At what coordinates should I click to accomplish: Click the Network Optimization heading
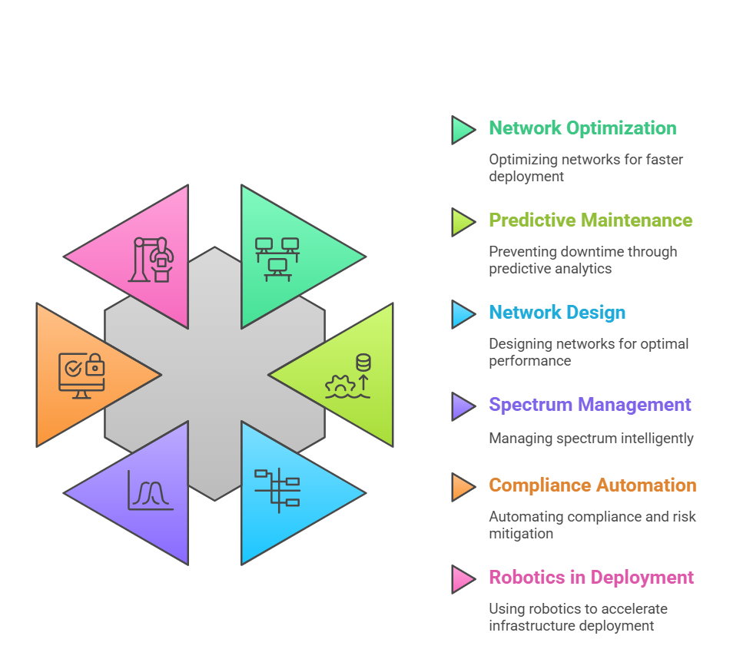click(x=582, y=128)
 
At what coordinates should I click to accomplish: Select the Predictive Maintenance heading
click(x=591, y=220)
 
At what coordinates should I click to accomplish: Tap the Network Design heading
click(x=557, y=313)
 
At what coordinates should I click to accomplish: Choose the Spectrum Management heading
click(x=590, y=405)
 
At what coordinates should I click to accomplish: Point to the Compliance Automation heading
click(x=592, y=485)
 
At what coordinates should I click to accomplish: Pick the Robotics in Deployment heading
click(x=591, y=578)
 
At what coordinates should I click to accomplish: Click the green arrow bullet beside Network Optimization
click(x=463, y=130)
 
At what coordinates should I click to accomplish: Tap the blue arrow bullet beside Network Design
click(x=463, y=314)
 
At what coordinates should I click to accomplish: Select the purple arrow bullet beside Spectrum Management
click(x=463, y=406)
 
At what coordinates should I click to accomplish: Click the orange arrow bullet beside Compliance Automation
click(x=463, y=487)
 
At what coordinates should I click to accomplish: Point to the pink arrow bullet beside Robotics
click(x=463, y=579)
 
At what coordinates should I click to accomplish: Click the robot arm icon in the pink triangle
click(x=151, y=260)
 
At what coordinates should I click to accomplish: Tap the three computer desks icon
click(x=277, y=259)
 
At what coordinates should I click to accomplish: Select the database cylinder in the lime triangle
click(x=363, y=363)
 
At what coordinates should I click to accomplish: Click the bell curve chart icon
click(x=151, y=490)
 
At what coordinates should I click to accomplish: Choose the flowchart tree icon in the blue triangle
click(x=277, y=491)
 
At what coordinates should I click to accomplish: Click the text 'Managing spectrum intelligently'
click(x=591, y=439)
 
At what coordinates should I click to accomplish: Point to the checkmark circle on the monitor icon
click(x=73, y=369)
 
